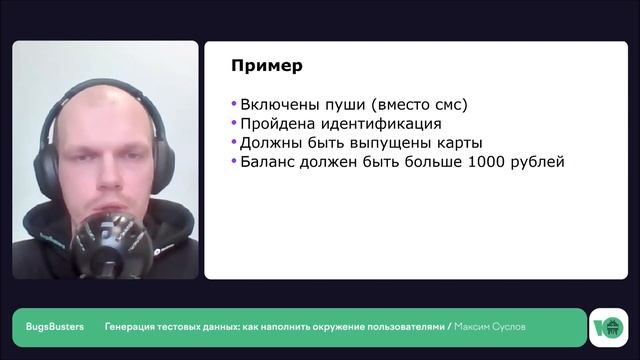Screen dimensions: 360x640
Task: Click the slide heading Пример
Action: [x=266, y=67]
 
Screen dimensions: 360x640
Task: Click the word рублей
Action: [x=536, y=161]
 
